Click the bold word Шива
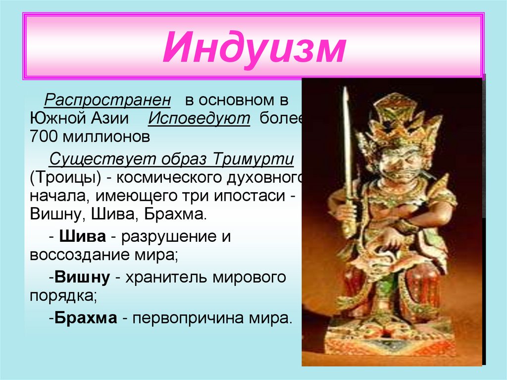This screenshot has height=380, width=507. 82,236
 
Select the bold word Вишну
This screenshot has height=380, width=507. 82,277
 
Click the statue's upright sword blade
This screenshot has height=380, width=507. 347,139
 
